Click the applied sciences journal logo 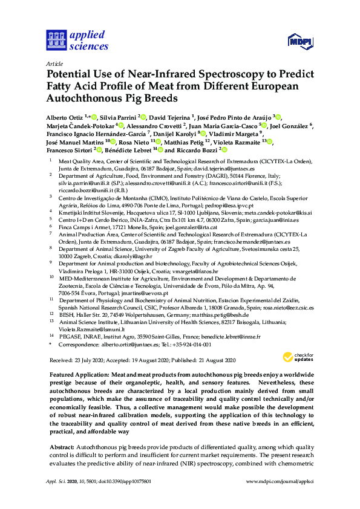78,38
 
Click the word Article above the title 54,63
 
